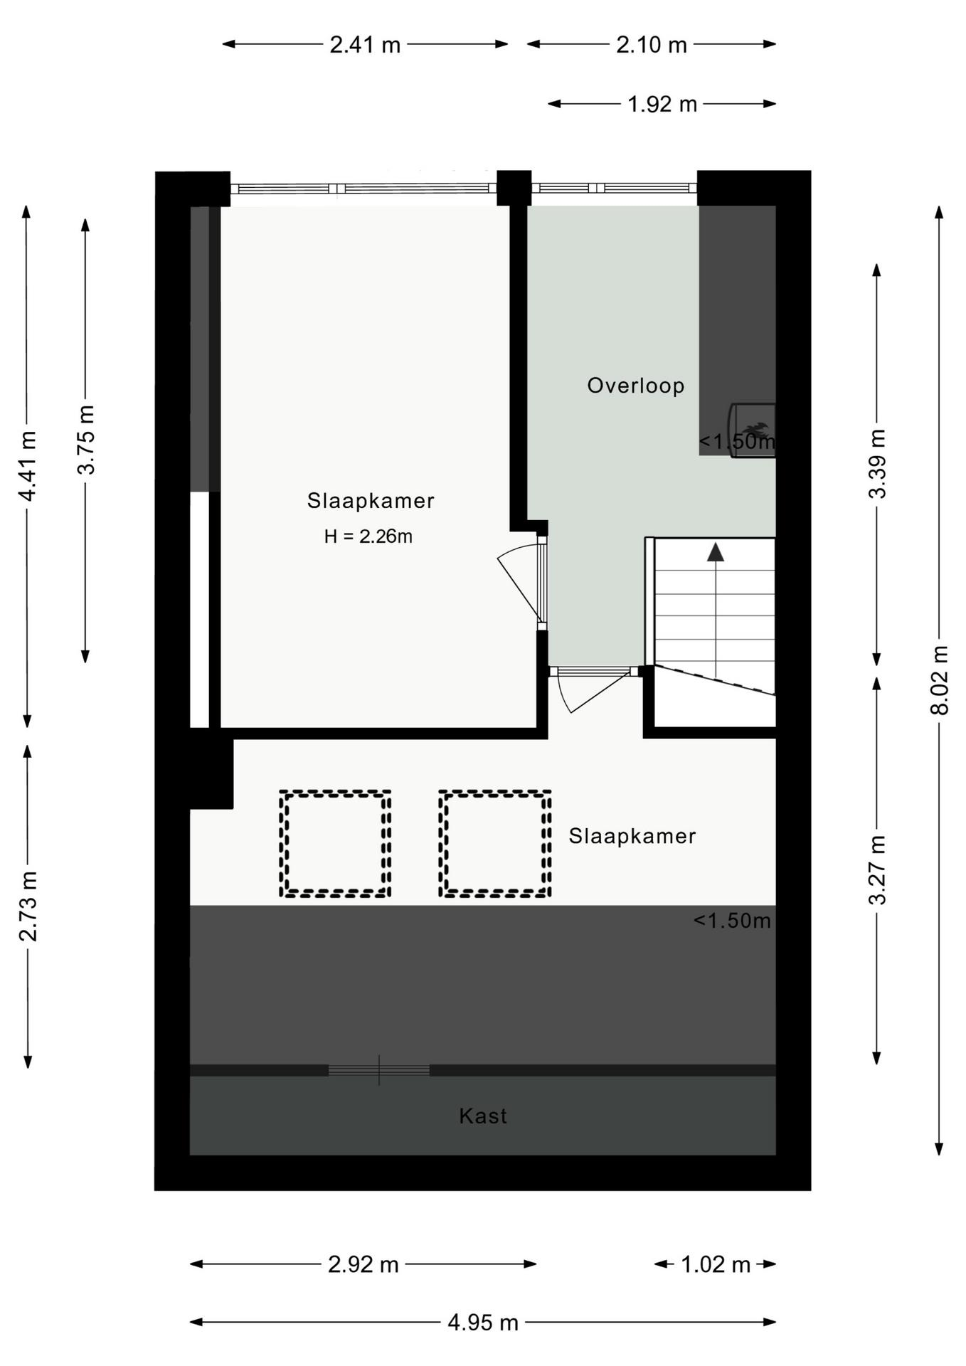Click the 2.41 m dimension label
[365, 45]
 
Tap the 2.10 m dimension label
[651, 45]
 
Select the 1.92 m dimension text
[662, 105]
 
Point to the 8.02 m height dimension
[940, 679]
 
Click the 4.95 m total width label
[483, 1323]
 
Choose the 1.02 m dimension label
[716, 1264]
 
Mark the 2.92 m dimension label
[363, 1264]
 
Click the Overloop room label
[635, 386]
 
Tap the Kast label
[483, 1116]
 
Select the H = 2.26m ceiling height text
[368, 536]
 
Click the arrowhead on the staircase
[715, 552]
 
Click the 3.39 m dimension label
[878, 464]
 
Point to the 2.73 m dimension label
[28, 906]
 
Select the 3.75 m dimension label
[85, 440]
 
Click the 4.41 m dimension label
[28, 466]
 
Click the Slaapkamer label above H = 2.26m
[371, 501]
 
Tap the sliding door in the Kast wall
[379, 1070]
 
